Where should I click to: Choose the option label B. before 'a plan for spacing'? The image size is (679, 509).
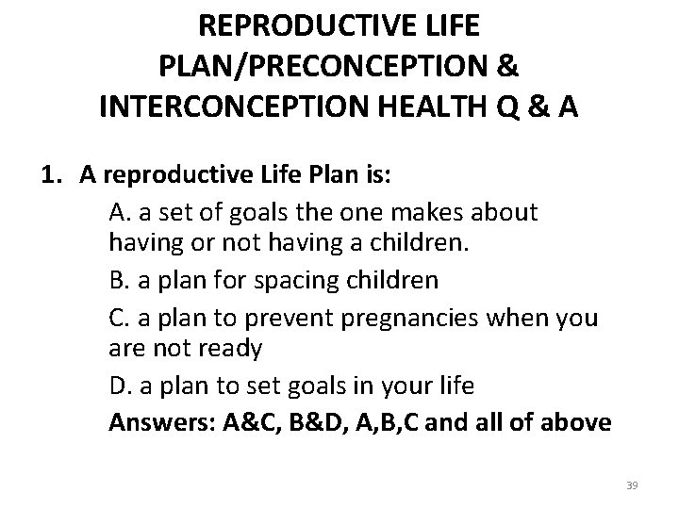click(x=121, y=280)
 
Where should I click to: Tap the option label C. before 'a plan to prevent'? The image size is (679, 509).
click(x=121, y=318)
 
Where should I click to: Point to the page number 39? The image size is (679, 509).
click(x=632, y=485)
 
